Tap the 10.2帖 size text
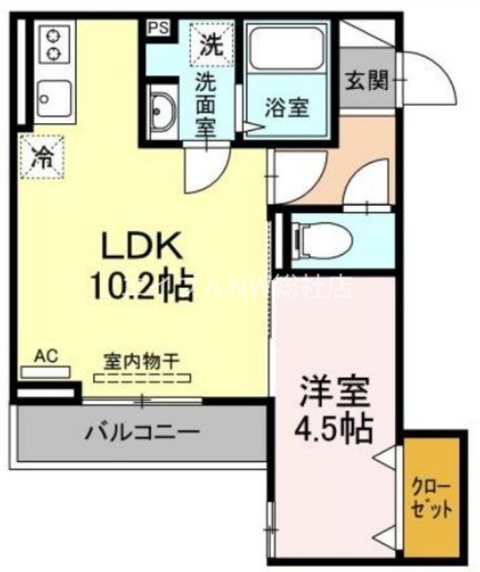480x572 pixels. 141,287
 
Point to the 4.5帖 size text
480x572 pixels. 334,427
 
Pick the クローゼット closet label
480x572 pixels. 431,500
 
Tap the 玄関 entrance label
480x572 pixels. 367,80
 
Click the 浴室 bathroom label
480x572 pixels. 286,109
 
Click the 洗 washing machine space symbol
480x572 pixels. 210,44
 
